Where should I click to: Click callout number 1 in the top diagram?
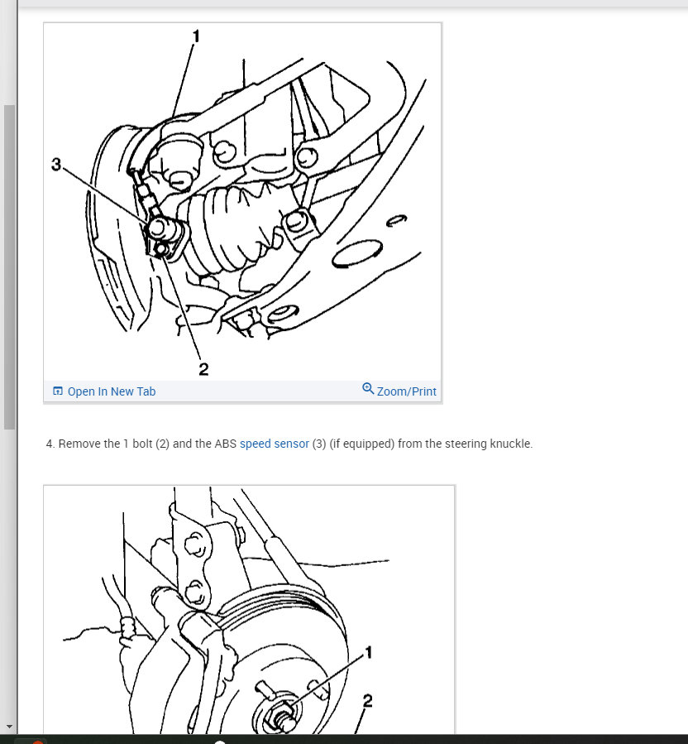tap(196, 36)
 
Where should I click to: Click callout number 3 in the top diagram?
tap(56, 165)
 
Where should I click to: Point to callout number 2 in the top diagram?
tap(203, 369)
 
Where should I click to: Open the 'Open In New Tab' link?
tap(112, 391)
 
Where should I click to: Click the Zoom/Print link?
tap(406, 391)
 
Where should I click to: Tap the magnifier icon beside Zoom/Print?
tap(368, 389)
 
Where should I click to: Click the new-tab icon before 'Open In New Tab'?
tap(58, 391)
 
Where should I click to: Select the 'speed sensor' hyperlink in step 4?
tap(275, 444)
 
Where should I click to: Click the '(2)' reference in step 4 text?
tap(162, 444)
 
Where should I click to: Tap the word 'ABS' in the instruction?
tap(225, 444)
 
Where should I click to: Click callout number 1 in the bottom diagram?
tap(369, 652)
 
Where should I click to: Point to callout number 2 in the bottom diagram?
tap(367, 701)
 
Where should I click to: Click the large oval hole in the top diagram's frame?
tap(357, 254)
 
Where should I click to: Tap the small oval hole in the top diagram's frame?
tap(396, 221)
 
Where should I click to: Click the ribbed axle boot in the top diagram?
tap(232, 228)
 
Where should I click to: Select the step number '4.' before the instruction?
tap(50, 444)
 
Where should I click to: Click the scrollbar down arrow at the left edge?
tap(9, 727)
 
